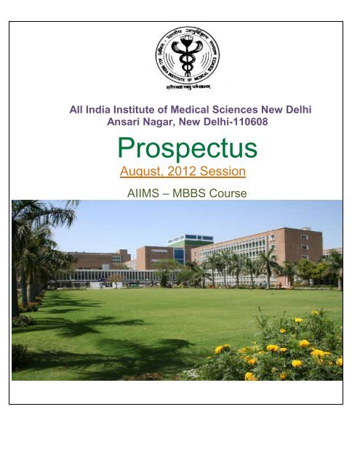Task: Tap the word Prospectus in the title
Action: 187,149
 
